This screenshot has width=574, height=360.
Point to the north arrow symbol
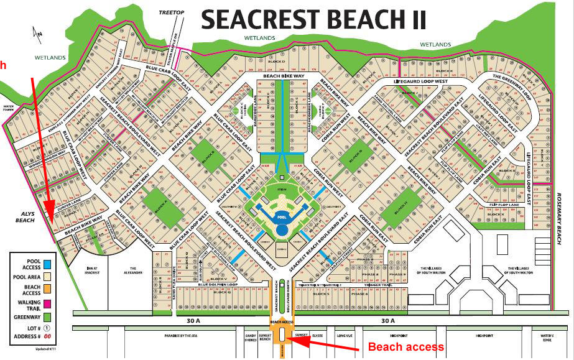pyautogui.click(x=37, y=34)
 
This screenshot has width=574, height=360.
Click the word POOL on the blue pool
pyautogui.click(x=282, y=218)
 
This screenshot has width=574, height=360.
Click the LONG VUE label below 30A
pyautogui.click(x=345, y=334)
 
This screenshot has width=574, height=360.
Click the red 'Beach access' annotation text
pyautogui.click(x=406, y=347)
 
